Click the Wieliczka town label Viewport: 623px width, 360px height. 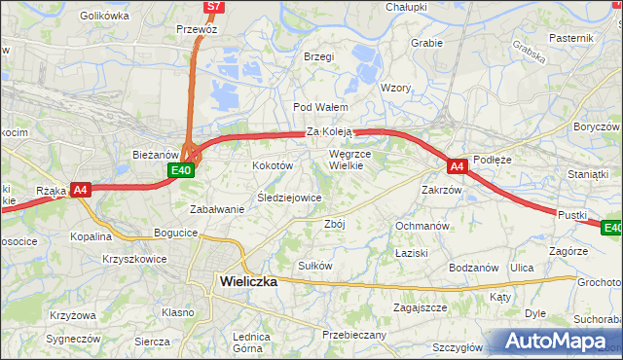tap(244, 281)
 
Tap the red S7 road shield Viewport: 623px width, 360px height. tap(214, 7)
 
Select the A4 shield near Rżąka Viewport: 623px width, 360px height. tap(81, 191)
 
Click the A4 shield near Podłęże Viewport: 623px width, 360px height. tap(458, 166)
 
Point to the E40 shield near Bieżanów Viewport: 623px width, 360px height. tap(180, 170)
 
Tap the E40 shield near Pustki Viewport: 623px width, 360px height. tap(611, 228)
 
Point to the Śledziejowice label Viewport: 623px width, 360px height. tap(288, 198)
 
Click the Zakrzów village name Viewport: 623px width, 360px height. tap(441, 190)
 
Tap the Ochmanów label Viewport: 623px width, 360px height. tap(421, 226)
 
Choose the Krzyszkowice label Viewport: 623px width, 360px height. tap(134, 259)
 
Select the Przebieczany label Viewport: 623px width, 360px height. tap(354, 335)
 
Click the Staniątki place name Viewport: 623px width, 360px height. tap(586, 173)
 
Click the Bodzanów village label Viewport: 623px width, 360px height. tap(474, 268)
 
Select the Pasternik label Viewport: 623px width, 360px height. tap(570, 37)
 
